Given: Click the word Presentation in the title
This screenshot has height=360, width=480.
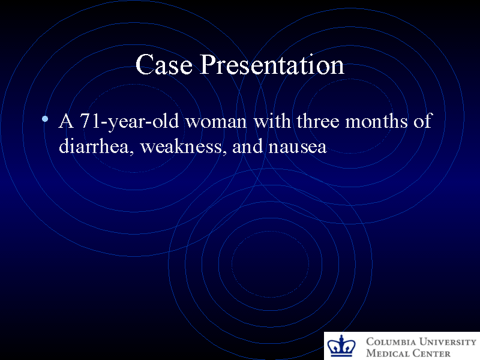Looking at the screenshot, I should [x=272, y=65].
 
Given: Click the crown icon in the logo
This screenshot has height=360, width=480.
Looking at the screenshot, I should [x=342, y=347].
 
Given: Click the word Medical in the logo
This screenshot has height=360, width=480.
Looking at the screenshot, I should [x=388, y=353].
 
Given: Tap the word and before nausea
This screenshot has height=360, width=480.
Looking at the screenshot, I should [x=244, y=146].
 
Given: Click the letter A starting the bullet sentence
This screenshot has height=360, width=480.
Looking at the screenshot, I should [x=66, y=121].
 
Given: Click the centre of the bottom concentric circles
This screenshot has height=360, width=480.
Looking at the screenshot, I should [x=270, y=263].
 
